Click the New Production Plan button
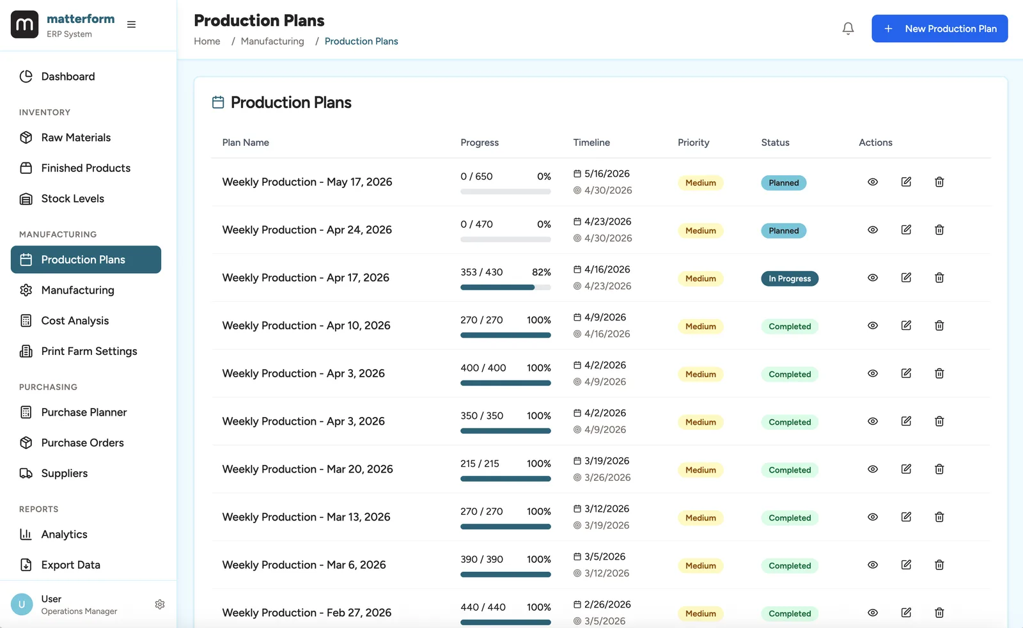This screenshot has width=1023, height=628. (939, 29)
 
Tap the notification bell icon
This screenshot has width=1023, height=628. (848, 29)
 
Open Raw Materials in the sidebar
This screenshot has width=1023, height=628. (75, 137)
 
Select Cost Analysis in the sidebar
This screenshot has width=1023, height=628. (75, 320)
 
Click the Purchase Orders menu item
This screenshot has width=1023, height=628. (82, 443)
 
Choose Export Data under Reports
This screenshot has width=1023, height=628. (70, 565)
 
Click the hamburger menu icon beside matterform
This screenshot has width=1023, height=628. (131, 24)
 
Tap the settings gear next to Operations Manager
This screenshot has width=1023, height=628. (160, 604)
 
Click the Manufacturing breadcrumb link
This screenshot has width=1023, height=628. (272, 41)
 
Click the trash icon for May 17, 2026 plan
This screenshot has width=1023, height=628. (939, 182)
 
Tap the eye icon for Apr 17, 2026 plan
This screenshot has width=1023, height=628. (873, 278)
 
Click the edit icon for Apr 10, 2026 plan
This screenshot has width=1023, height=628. (906, 326)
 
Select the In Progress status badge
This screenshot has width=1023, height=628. (790, 279)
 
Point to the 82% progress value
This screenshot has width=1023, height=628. (541, 272)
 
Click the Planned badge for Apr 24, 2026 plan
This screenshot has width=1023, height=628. (783, 231)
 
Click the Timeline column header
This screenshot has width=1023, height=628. (591, 143)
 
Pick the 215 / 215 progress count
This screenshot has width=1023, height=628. (480, 464)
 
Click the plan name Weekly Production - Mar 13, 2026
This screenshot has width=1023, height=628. (306, 517)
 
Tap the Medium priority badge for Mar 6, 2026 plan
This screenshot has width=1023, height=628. (700, 566)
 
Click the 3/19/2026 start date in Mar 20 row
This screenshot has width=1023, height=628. (606, 461)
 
